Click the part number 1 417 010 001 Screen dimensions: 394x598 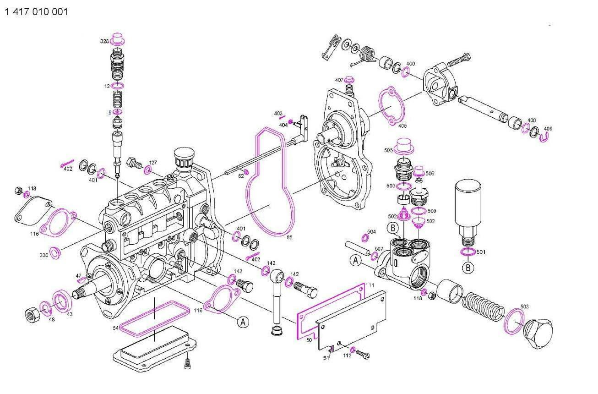tap(36, 12)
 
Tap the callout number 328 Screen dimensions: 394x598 tap(104, 41)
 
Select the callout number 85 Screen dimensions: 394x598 tap(289, 237)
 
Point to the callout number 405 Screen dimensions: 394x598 tap(402, 125)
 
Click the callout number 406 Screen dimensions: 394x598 tap(548, 129)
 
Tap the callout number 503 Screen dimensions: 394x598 tap(524, 306)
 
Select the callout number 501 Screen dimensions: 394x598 tap(480, 252)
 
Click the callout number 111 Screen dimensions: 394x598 tap(370, 285)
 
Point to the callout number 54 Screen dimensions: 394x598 tap(116, 328)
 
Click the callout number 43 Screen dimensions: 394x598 tap(70, 314)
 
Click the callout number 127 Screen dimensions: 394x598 tap(152, 163)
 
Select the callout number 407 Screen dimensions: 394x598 tap(339, 80)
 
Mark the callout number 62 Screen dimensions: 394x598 tap(241, 175)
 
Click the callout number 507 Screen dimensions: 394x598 tap(379, 249)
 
